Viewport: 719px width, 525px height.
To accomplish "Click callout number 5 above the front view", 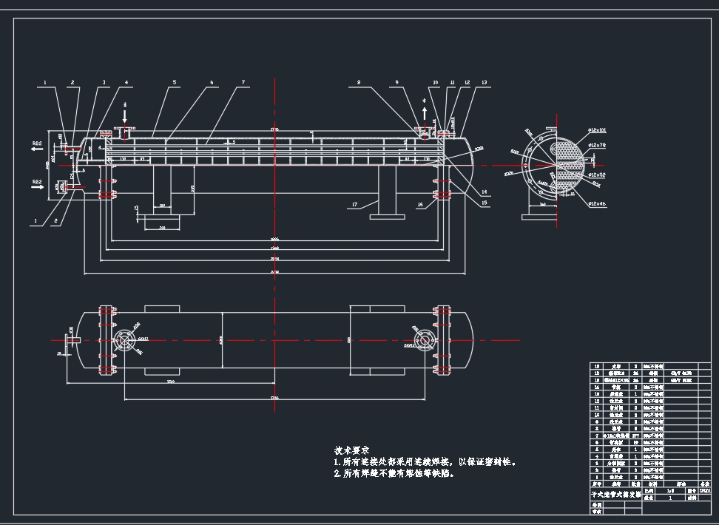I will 175,83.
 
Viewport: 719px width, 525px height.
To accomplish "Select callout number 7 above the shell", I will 243,83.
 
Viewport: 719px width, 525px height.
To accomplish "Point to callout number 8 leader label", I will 359,83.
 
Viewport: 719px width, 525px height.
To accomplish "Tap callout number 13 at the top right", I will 485,83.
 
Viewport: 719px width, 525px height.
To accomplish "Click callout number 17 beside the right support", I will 354,204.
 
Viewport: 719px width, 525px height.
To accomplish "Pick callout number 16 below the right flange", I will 420,204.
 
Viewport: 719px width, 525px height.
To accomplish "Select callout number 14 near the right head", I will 485,192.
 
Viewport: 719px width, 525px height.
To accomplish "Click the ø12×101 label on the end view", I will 597,130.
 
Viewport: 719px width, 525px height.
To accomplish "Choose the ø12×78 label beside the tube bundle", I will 597,146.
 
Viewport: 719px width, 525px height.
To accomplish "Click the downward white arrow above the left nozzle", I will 124,117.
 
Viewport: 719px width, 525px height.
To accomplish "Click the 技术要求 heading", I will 351,450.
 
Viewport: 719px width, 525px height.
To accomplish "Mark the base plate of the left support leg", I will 161,221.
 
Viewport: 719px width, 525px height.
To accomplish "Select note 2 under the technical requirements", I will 394,474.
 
